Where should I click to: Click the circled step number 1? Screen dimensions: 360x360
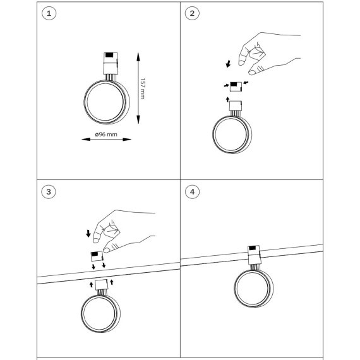49,13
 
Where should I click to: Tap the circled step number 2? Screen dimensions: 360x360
192,13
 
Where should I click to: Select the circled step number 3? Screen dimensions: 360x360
49,192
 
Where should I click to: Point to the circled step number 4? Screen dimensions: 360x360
193,192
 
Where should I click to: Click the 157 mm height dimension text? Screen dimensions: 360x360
143,88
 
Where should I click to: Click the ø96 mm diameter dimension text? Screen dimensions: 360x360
106,134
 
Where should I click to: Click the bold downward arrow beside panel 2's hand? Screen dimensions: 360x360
228,64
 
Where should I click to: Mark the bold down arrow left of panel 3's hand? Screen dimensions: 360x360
88,234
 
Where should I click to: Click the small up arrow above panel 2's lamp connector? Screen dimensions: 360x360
227,99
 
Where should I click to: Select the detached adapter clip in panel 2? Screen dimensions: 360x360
236,87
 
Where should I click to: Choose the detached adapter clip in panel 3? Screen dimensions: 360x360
97,256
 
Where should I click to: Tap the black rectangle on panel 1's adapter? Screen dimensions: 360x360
109,55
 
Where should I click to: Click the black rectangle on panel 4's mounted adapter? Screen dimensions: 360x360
253,248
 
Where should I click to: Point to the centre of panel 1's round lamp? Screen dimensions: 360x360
107,102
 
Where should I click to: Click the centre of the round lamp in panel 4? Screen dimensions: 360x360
253,288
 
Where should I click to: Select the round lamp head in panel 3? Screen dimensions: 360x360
100,314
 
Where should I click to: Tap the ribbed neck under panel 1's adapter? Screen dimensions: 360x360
110,77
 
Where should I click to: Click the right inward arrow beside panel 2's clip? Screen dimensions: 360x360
246,83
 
